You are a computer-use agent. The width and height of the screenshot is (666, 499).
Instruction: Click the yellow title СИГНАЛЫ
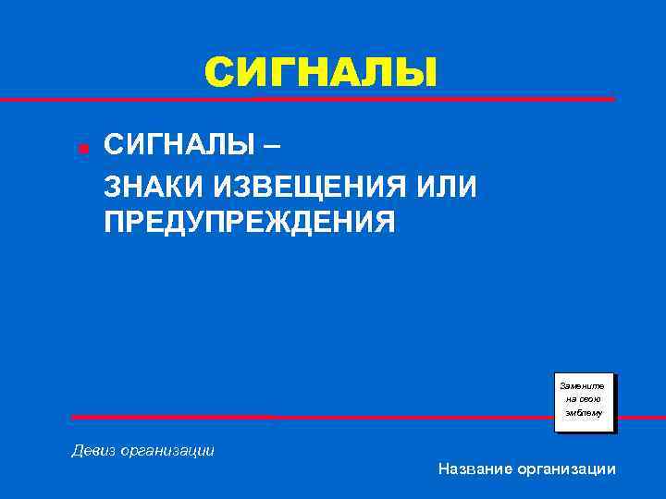tap(320, 72)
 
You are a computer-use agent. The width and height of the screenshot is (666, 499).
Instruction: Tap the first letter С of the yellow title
tap(218, 72)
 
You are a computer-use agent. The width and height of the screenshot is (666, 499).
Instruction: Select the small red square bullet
tap(82, 149)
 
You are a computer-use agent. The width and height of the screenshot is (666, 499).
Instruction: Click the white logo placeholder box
tap(584, 402)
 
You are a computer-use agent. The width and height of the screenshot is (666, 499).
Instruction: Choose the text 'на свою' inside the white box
tap(583, 398)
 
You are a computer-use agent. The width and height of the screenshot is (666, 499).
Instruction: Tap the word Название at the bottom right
tap(474, 469)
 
